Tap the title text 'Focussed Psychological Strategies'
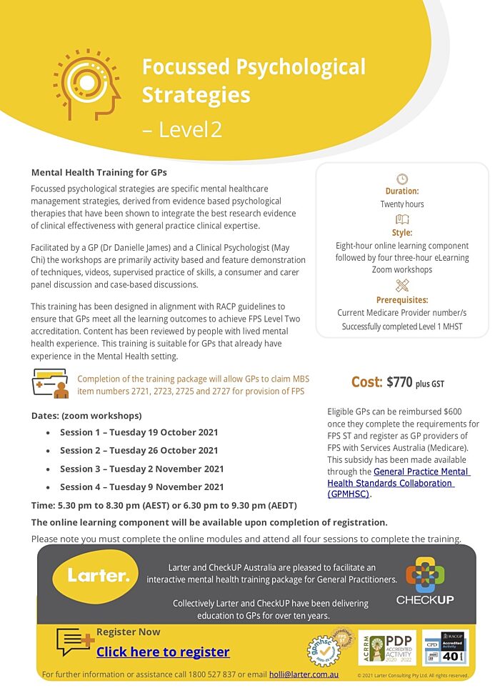point(253,81)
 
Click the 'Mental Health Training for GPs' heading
point(99,172)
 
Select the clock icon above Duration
point(402,179)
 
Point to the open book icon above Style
point(402,219)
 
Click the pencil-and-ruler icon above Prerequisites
point(402,286)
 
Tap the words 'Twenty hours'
point(402,204)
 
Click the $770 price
point(399,382)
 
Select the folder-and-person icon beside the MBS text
point(50,384)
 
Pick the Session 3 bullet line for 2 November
point(141,469)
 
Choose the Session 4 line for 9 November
point(141,487)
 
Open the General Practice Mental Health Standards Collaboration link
point(400,482)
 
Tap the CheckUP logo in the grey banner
point(425,579)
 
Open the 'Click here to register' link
point(163,652)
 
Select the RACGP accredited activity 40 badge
point(445,647)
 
